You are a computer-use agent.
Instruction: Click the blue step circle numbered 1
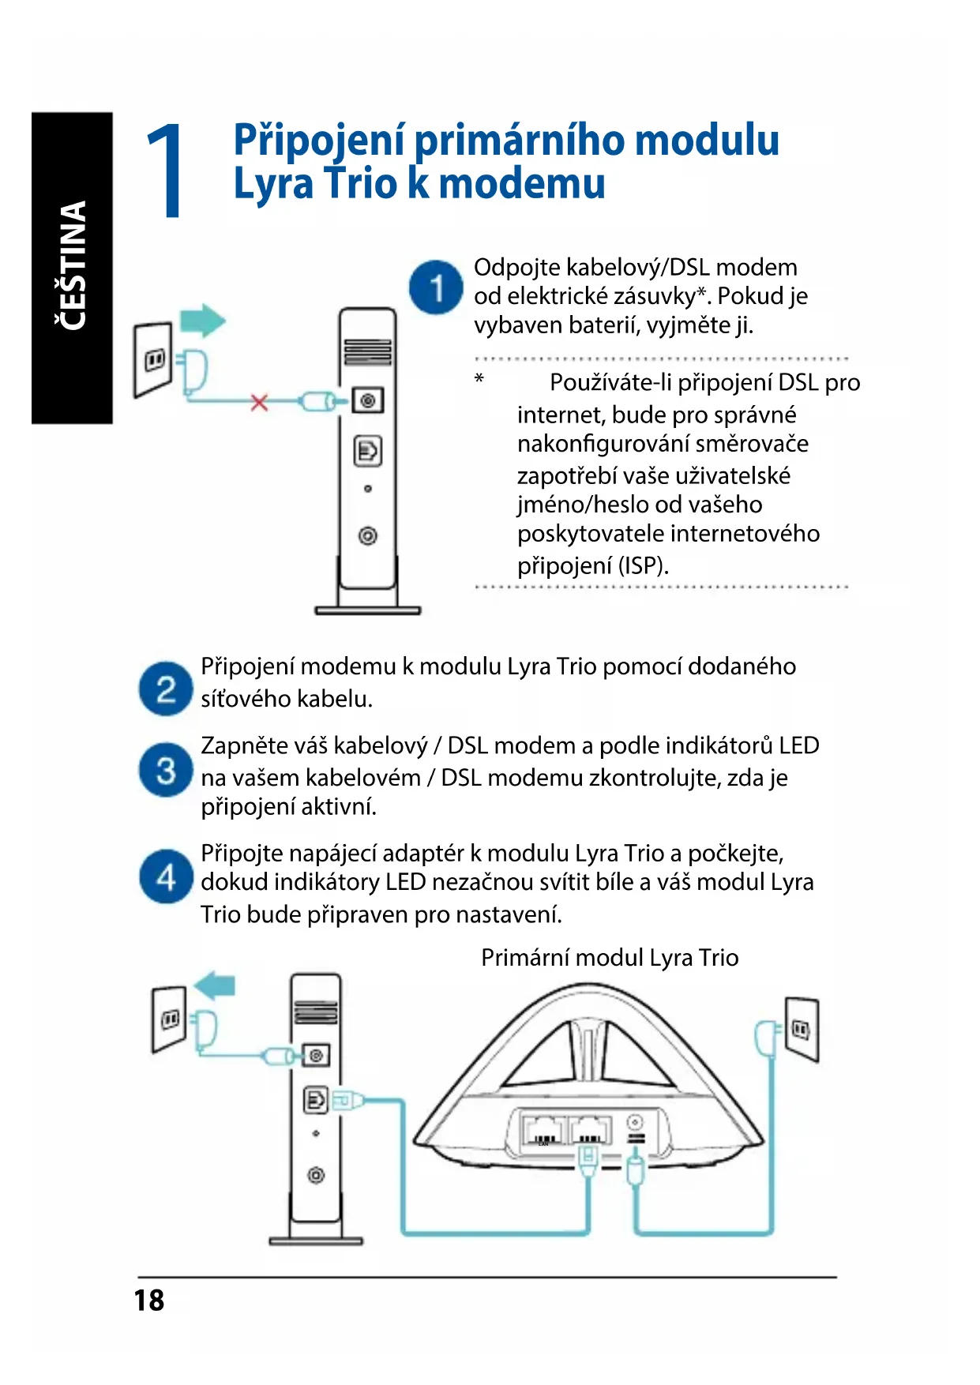tap(436, 287)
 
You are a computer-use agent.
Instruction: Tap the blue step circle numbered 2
tap(166, 689)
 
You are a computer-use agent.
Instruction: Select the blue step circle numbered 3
tap(166, 769)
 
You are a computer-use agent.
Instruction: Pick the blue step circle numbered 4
tap(166, 876)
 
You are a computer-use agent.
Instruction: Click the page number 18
tap(148, 1301)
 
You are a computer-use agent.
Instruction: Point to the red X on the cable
tap(259, 402)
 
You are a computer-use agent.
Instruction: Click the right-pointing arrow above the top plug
tap(203, 321)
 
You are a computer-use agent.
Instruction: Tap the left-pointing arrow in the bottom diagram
tap(215, 985)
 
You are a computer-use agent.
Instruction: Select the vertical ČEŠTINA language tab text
tap(72, 266)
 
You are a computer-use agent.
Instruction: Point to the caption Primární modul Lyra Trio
tap(610, 958)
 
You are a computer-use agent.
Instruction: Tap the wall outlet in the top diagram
tap(153, 359)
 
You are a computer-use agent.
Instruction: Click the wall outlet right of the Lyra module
tap(802, 1029)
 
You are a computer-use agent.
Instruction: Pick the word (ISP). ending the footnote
tap(643, 566)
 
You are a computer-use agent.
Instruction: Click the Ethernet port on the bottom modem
tap(316, 1099)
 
